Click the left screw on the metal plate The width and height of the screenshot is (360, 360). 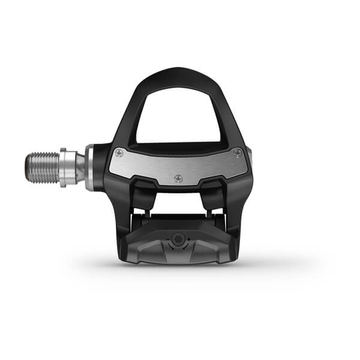point(118,152)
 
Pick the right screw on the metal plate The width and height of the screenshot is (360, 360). point(238,152)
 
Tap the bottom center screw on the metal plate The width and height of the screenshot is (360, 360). point(178,178)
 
